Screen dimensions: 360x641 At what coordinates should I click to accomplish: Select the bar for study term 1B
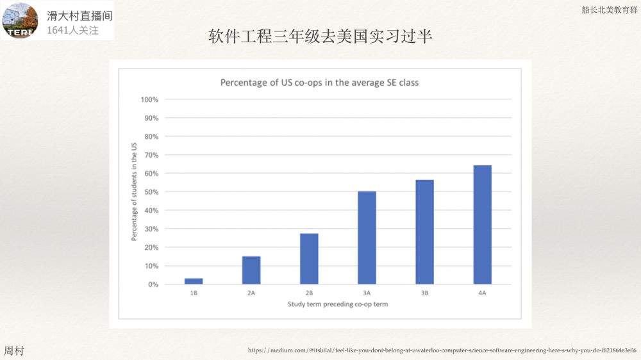click(194, 281)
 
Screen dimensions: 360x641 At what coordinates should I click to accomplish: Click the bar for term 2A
click(251, 270)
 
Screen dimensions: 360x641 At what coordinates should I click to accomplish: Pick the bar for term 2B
click(309, 258)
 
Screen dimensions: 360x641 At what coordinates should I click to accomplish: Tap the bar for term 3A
click(367, 237)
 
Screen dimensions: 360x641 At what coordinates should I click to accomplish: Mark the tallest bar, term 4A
click(482, 224)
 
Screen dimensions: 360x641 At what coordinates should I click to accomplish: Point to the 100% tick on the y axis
click(149, 100)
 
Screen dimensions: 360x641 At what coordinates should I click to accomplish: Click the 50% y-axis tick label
click(150, 192)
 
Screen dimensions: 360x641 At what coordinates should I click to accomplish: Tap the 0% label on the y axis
click(152, 284)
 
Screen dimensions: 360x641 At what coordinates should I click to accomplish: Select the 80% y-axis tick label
click(150, 136)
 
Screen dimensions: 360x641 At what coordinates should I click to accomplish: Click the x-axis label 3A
click(367, 293)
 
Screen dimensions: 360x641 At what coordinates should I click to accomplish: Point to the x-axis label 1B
click(194, 293)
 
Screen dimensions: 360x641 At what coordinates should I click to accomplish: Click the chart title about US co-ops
click(319, 83)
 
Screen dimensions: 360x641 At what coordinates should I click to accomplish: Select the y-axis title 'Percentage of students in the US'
click(135, 192)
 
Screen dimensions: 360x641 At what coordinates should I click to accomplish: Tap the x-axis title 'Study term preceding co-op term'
click(338, 304)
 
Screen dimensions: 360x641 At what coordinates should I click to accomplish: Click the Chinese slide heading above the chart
click(320, 37)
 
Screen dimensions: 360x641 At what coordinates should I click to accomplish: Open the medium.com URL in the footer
click(442, 350)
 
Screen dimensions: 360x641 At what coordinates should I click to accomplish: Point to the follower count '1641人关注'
click(73, 29)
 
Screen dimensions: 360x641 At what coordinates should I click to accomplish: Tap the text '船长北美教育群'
click(610, 10)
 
